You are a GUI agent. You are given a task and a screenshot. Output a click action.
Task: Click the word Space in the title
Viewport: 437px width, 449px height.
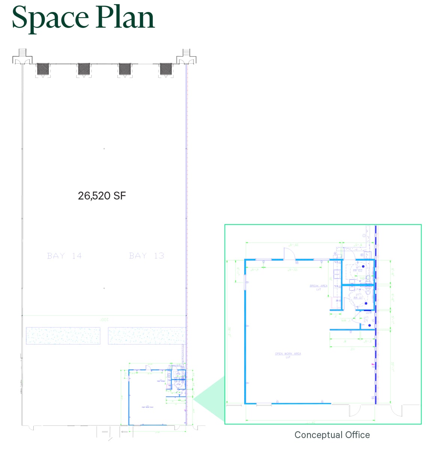point(50,18)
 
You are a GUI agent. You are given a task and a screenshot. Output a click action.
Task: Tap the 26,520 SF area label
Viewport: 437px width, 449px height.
point(102,196)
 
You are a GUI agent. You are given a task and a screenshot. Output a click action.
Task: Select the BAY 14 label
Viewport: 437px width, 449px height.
point(64,256)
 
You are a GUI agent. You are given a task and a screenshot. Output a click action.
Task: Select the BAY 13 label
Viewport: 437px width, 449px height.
point(146,256)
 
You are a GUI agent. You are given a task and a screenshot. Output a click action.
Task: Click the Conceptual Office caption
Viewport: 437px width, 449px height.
point(332,435)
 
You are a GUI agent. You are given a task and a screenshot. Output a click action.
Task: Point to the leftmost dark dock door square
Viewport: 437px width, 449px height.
point(43,69)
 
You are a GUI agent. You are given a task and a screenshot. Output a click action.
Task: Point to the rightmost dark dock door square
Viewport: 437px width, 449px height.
point(166,69)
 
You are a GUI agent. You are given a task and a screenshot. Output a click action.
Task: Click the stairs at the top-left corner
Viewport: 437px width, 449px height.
point(22,53)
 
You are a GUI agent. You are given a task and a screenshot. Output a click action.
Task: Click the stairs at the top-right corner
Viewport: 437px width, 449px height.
point(186,53)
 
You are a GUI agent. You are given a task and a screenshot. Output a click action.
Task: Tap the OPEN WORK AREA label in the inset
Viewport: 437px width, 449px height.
point(288,354)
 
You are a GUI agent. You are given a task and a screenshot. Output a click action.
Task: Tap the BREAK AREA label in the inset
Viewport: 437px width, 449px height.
point(318,286)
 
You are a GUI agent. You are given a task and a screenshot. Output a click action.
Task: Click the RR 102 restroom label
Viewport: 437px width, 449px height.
point(358,270)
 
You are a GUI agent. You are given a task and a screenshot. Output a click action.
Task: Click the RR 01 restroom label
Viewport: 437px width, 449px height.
point(358,297)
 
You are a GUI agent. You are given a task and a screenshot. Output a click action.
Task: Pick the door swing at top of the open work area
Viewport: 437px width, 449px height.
point(289,254)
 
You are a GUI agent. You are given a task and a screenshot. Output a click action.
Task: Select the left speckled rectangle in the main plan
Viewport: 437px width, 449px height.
point(63,336)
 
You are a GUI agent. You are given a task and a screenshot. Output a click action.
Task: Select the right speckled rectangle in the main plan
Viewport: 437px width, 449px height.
point(147,336)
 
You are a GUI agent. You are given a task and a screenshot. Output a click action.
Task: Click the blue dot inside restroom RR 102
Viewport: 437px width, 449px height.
point(363,266)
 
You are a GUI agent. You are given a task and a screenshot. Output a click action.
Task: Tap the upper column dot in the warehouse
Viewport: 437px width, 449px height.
point(104,149)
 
